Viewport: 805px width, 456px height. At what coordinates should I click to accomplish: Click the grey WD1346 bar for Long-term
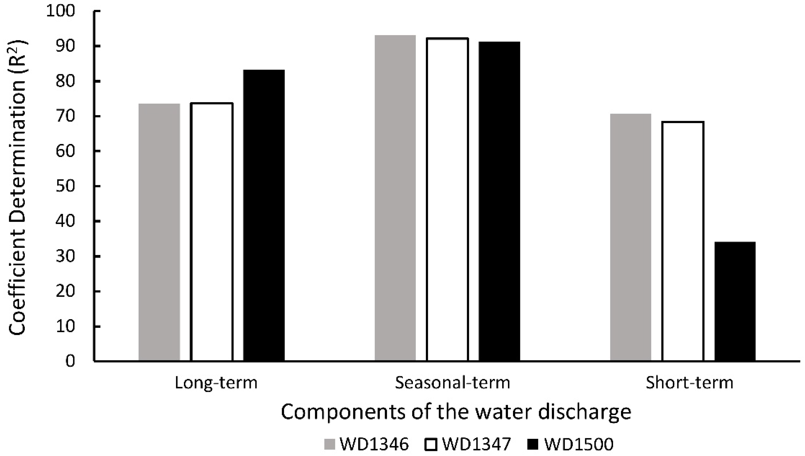[159, 232]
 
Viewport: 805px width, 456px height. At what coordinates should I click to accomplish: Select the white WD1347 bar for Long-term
[212, 232]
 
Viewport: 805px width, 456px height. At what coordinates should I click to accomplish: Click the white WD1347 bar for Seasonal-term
[447, 199]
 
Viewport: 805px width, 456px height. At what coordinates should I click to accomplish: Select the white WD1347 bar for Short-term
[683, 241]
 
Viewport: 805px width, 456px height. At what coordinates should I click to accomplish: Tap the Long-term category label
[216, 383]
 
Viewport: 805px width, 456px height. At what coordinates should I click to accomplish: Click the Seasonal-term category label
[452, 383]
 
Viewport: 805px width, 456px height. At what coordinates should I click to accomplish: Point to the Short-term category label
[690, 383]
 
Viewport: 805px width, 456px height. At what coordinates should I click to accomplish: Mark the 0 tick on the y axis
[70, 361]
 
